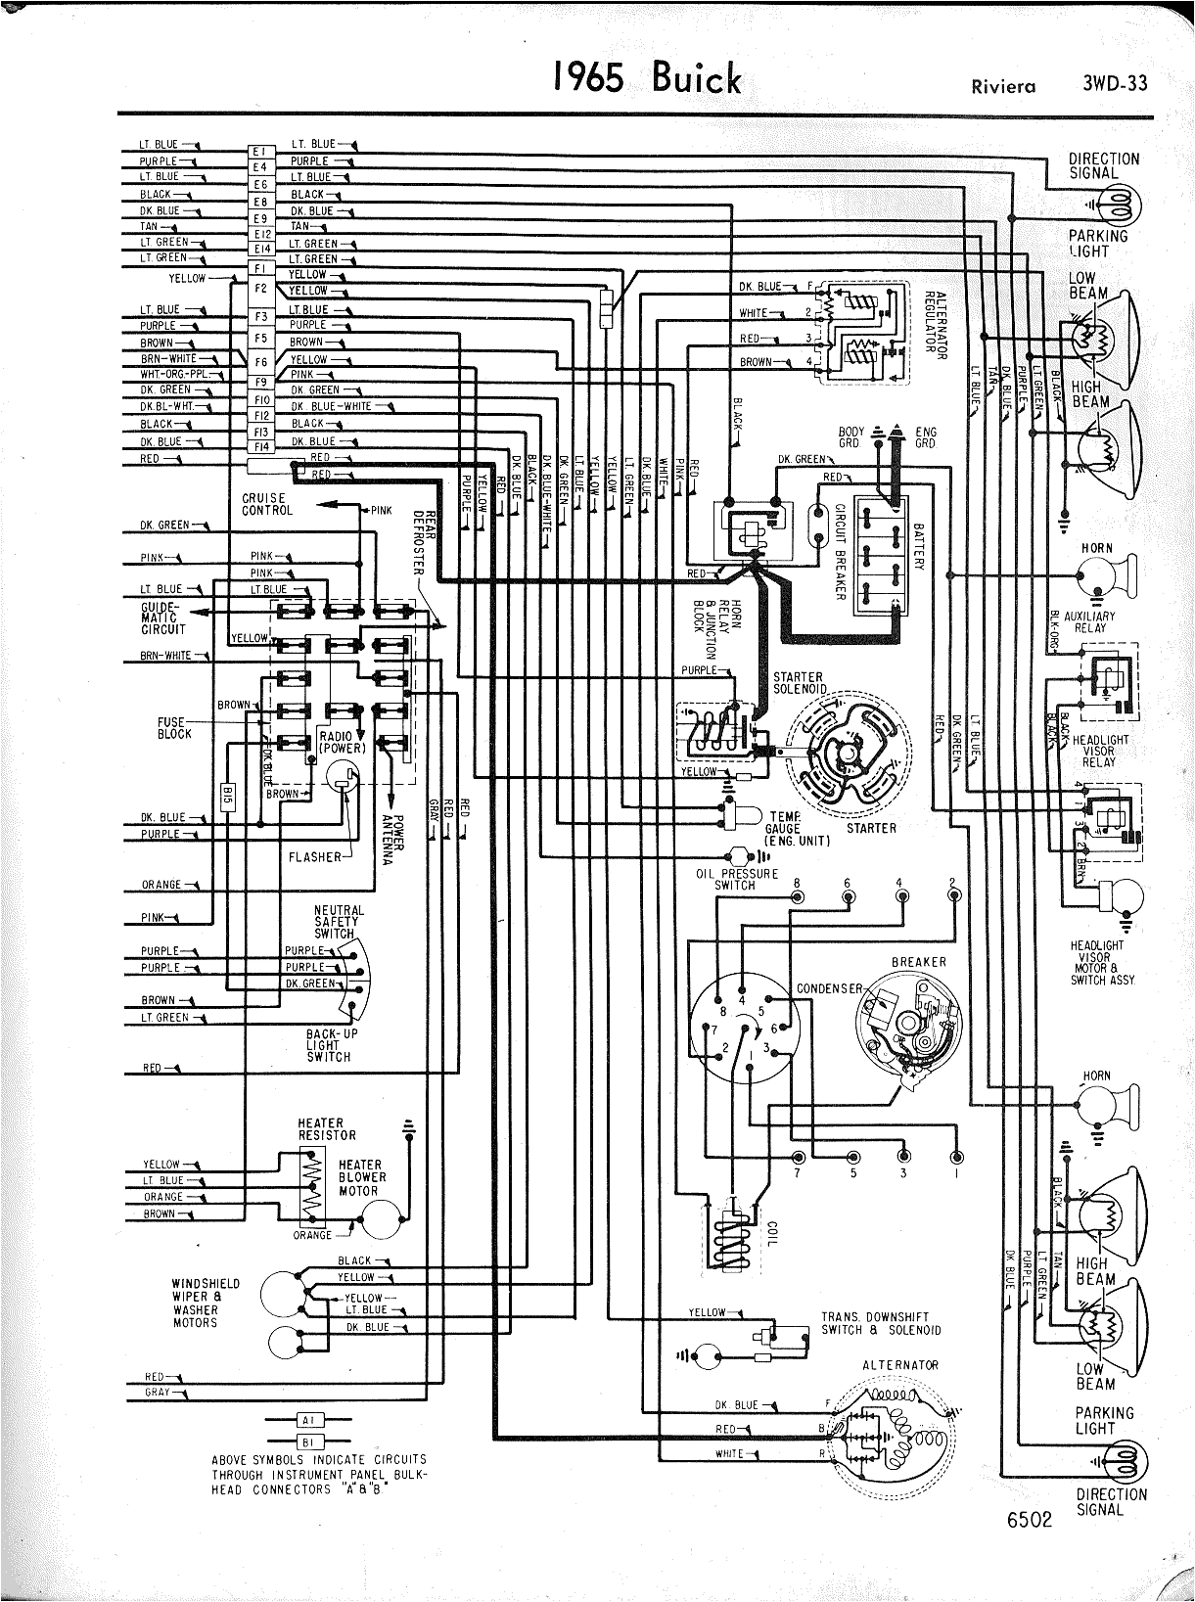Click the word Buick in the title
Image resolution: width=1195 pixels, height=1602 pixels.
[x=697, y=78]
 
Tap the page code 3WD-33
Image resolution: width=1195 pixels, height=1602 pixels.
[x=1115, y=83]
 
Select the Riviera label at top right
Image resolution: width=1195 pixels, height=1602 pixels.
[x=1003, y=86]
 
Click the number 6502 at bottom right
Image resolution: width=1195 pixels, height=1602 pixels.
[x=1028, y=1520]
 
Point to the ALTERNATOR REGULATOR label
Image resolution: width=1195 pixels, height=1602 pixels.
[x=934, y=325]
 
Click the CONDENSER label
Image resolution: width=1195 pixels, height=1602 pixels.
[x=828, y=988]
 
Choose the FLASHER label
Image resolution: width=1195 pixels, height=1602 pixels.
[x=314, y=857]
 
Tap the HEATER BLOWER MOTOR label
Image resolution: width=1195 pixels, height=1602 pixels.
[x=362, y=1177]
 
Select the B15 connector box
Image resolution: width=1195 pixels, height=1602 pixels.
[x=227, y=794]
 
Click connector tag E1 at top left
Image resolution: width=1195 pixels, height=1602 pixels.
[x=259, y=152]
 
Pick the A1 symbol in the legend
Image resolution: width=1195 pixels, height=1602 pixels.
[x=309, y=1419]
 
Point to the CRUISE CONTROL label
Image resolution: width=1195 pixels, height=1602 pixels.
[x=266, y=504]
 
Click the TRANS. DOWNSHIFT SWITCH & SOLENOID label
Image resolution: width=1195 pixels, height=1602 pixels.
[x=881, y=1323]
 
